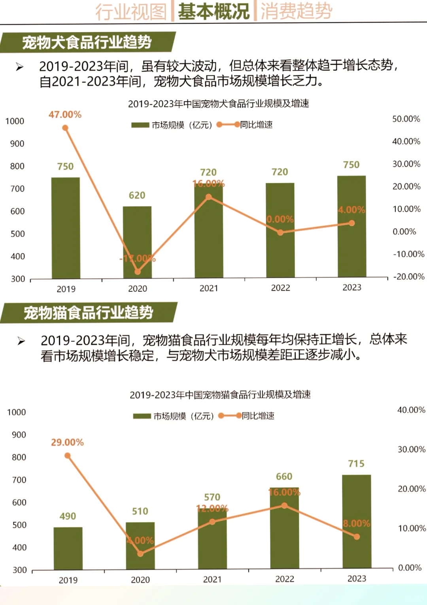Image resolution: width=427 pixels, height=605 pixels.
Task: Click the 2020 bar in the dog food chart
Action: click(x=137, y=242)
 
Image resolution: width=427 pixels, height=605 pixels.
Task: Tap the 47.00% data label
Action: click(x=65, y=115)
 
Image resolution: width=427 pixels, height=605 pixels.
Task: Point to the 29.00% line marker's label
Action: click(x=67, y=442)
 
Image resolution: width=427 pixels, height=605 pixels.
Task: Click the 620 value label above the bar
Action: click(x=137, y=195)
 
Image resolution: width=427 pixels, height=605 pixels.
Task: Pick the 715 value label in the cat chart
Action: click(x=356, y=464)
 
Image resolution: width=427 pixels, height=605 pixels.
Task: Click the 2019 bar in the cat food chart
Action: click(x=68, y=548)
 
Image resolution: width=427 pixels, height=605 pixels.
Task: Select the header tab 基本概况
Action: click(x=213, y=11)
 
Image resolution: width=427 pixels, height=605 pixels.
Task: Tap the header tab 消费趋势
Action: click(x=296, y=11)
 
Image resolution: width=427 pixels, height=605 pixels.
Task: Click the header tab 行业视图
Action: click(x=131, y=11)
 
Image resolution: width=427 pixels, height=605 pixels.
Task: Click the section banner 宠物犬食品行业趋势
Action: click(x=87, y=42)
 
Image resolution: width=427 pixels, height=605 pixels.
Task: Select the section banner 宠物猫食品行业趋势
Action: click(x=89, y=313)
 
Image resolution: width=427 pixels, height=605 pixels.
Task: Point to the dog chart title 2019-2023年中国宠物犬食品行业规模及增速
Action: click(x=218, y=104)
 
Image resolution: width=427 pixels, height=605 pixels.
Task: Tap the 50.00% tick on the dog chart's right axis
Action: click(x=406, y=119)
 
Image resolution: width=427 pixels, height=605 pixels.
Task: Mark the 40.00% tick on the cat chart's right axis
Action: click(x=411, y=410)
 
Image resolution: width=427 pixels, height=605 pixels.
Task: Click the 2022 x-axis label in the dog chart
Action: click(x=280, y=288)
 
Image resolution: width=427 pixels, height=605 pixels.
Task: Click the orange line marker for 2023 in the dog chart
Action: click(x=351, y=223)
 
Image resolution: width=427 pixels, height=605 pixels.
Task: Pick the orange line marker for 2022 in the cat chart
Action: click(x=284, y=506)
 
